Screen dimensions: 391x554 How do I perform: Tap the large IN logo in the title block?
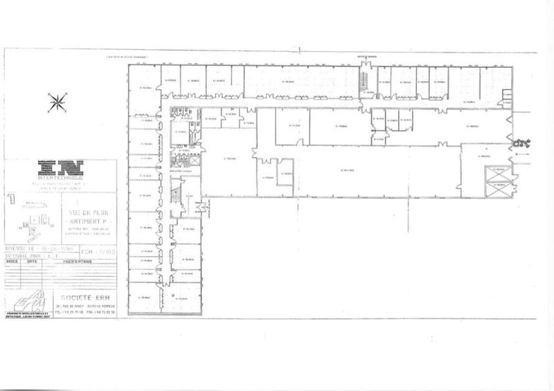60,167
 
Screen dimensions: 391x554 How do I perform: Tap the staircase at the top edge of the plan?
361,80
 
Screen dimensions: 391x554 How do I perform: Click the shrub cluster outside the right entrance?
521,143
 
